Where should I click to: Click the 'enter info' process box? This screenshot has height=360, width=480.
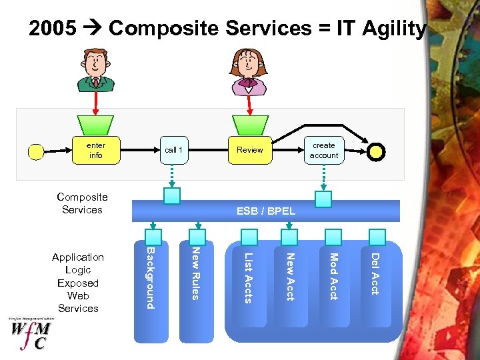tap(95, 150)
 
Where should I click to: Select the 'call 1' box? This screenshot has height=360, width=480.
tap(173, 150)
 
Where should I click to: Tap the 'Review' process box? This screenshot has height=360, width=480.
tap(249, 150)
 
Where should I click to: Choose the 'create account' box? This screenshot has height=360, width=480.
tap(324, 150)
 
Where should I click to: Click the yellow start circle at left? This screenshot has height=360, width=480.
tap(36, 152)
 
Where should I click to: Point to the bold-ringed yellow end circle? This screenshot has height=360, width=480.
tap(376, 152)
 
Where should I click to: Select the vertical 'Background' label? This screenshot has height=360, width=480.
tap(151, 277)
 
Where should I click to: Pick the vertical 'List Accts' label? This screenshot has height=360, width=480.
tap(248, 277)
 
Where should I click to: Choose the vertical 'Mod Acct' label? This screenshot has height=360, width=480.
tap(333, 276)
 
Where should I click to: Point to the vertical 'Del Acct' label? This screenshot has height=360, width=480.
tap(375, 273)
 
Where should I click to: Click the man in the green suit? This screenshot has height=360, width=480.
tap(96, 70)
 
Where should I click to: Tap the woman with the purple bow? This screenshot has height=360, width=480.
tap(248, 71)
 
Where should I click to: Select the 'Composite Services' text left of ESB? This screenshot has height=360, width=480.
tap(82, 203)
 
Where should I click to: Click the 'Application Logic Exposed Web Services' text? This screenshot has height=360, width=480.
tap(78, 283)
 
